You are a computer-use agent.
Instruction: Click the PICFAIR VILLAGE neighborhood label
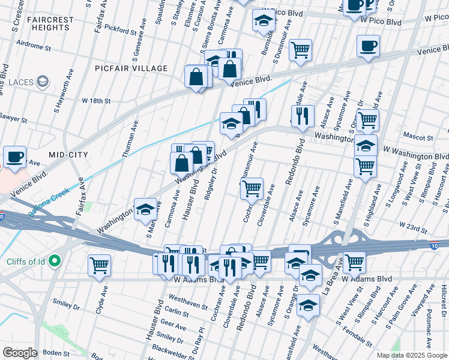[x=131, y=68]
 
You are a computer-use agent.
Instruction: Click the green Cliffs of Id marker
[x=55, y=261]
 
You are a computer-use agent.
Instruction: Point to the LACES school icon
[x=43, y=81]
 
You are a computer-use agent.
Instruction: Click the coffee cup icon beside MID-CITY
[x=14, y=157]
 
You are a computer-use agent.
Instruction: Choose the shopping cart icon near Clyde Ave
[x=99, y=264]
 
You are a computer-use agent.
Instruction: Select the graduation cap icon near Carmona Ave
[x=145, y=209]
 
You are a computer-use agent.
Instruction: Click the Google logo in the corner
[x=20, y=353]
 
